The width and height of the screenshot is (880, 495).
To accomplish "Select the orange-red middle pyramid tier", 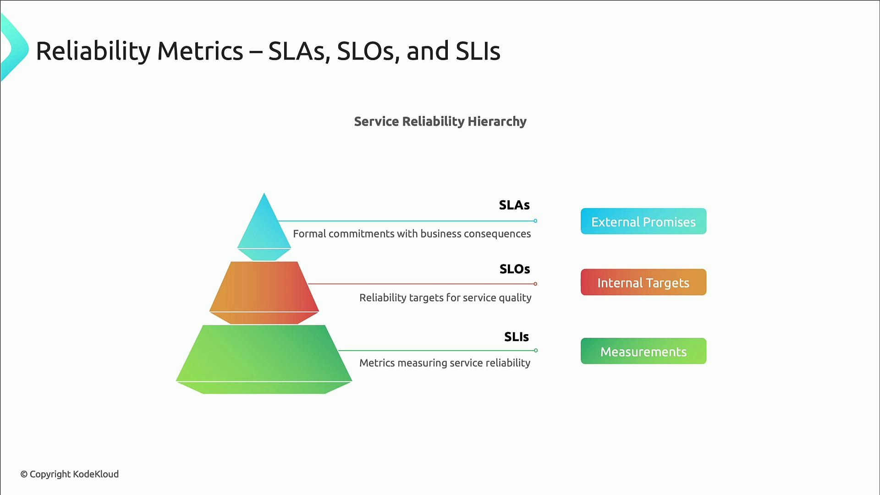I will tap(264, 289).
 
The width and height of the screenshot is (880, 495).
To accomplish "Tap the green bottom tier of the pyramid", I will tap(264, 355).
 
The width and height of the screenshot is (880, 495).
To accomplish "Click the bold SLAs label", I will tap(514, 205).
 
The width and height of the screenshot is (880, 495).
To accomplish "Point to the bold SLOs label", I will tap(515, 269).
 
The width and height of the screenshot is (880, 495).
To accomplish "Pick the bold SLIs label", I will tap(517, 337).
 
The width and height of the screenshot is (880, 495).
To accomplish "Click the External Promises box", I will tap(643, 221).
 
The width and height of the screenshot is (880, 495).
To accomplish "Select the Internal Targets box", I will tap(643, 282).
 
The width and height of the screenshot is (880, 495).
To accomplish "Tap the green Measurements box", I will tap(643, 351).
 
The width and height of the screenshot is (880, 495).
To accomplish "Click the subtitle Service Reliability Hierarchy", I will tap(440, 121).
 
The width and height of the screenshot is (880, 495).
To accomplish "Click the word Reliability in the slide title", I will tap(93, 51).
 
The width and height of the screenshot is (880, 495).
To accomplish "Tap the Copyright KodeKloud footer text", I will tap(70, 474).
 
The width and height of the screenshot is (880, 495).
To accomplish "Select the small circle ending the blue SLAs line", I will tap(535, 221).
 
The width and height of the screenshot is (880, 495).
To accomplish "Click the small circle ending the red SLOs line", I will tap(535, 284).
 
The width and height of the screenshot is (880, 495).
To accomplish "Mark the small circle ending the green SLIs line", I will tap(536, 351).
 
